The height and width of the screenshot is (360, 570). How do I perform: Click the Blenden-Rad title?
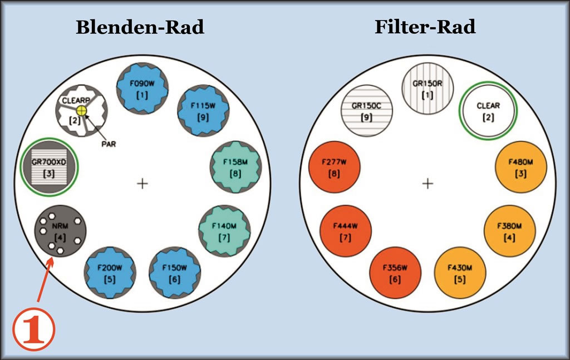(140, 27)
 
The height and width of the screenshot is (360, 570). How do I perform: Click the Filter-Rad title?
(425, 27)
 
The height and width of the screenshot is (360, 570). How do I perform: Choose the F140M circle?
(224, 230)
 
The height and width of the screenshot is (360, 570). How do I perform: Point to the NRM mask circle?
(60, 231)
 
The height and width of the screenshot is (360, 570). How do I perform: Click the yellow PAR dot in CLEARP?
(82, 110)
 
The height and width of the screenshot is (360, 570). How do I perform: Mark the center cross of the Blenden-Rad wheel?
(142, 183)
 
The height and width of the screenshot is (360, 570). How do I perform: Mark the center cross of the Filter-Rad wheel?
(427, 183)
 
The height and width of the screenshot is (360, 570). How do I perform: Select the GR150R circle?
(427, 88)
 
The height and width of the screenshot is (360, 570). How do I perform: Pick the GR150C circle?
(366, 111)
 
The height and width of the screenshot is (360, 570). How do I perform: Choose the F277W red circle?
(334, 167)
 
